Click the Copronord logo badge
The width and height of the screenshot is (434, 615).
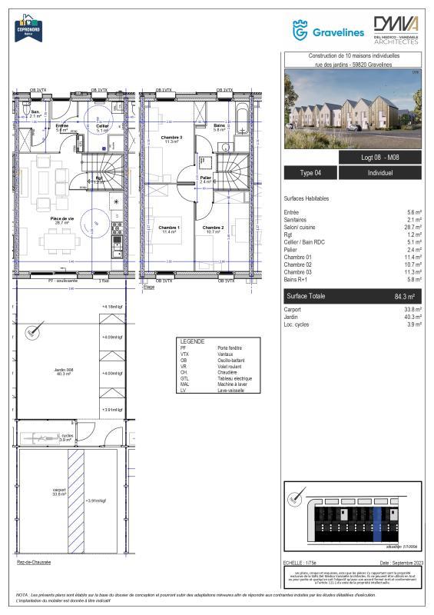27,28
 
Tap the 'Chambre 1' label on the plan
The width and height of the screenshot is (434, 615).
169,228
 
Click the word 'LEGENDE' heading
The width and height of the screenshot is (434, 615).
191,341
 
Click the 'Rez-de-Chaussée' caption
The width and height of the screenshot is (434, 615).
34,562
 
